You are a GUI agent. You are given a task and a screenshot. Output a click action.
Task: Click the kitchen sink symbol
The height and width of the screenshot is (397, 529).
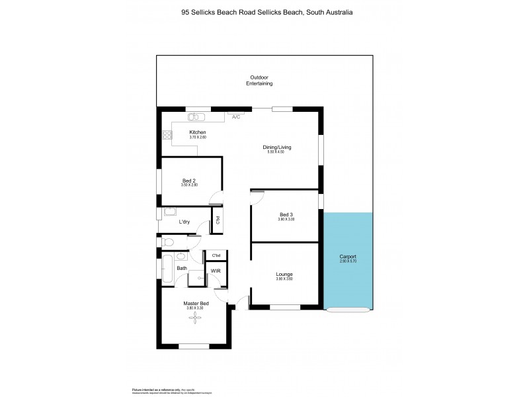point(196,118)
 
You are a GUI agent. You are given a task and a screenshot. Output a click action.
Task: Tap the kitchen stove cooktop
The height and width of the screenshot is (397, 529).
point(167,135)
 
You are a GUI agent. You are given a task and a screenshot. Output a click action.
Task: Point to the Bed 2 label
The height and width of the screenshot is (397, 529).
point(189,180)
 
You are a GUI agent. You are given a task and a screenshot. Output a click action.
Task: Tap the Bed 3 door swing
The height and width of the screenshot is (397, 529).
point(257,195)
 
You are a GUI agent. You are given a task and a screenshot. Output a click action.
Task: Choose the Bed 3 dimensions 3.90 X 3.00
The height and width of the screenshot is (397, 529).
point(286,219)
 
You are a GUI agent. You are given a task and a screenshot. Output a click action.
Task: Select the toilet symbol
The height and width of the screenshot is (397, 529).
point(167,243)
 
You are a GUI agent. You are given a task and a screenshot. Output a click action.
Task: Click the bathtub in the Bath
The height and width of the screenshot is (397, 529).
point(168,269)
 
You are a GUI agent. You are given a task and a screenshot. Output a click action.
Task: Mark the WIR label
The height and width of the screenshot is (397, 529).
point(215,271)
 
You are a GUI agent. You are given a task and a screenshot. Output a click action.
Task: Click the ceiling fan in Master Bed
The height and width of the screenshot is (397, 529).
point(195,318)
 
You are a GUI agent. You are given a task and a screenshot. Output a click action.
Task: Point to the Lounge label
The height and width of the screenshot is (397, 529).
point(284,274)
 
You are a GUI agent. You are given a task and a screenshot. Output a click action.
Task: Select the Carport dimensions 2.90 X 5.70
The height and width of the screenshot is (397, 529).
point(348,261)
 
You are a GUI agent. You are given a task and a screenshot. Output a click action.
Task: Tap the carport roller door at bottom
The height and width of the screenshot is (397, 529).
point(348,309)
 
